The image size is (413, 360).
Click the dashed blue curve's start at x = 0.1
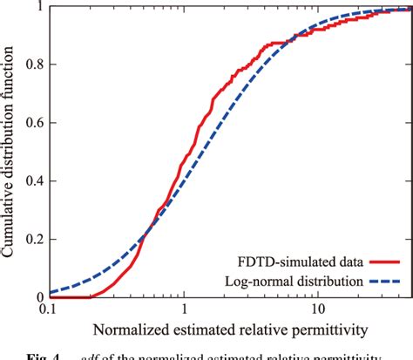(50, 291)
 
